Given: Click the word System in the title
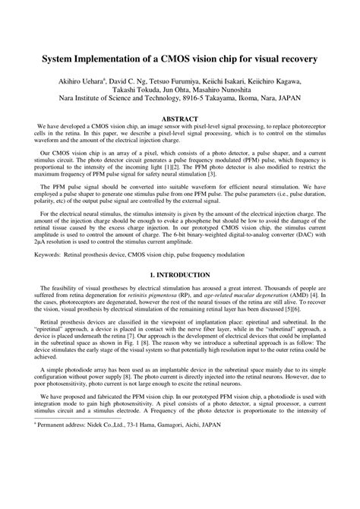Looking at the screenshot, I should click(62, 58).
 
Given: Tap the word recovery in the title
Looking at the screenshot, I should click(296, 58).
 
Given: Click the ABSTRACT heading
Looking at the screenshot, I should click(180, 119).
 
